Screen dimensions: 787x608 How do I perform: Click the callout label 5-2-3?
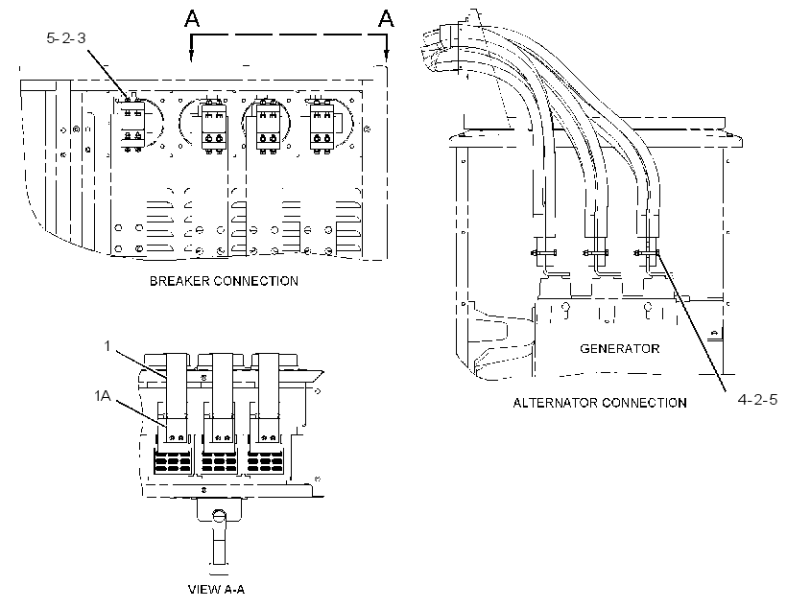[66, 38]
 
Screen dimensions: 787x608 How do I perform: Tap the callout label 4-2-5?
[757, 399]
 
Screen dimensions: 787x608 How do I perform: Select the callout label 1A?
[103, 396]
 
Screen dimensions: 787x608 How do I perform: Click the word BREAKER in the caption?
[179, 281]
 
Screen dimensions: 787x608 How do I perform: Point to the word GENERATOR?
[619, 349]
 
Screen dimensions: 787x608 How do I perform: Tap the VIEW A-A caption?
[216, 590]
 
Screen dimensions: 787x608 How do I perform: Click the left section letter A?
[192, 18]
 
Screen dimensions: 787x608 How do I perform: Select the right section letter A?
[386, 18]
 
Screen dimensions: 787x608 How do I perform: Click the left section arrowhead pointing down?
[191, 56]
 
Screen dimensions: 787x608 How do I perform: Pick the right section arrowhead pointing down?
[386, 56]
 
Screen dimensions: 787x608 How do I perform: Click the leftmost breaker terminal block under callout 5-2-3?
[132, 124]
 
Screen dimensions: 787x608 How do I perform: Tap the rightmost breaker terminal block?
[322, 127]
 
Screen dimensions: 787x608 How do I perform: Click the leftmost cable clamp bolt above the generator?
[543, 252]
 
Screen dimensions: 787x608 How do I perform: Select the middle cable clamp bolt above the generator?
[595, 252]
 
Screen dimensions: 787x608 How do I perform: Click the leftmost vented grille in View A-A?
[173, 462]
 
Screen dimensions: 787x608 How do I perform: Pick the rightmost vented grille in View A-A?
[267, 462]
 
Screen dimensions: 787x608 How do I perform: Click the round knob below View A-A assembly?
[218, 515]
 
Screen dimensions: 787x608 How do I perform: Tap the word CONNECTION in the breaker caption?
[256, 281]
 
